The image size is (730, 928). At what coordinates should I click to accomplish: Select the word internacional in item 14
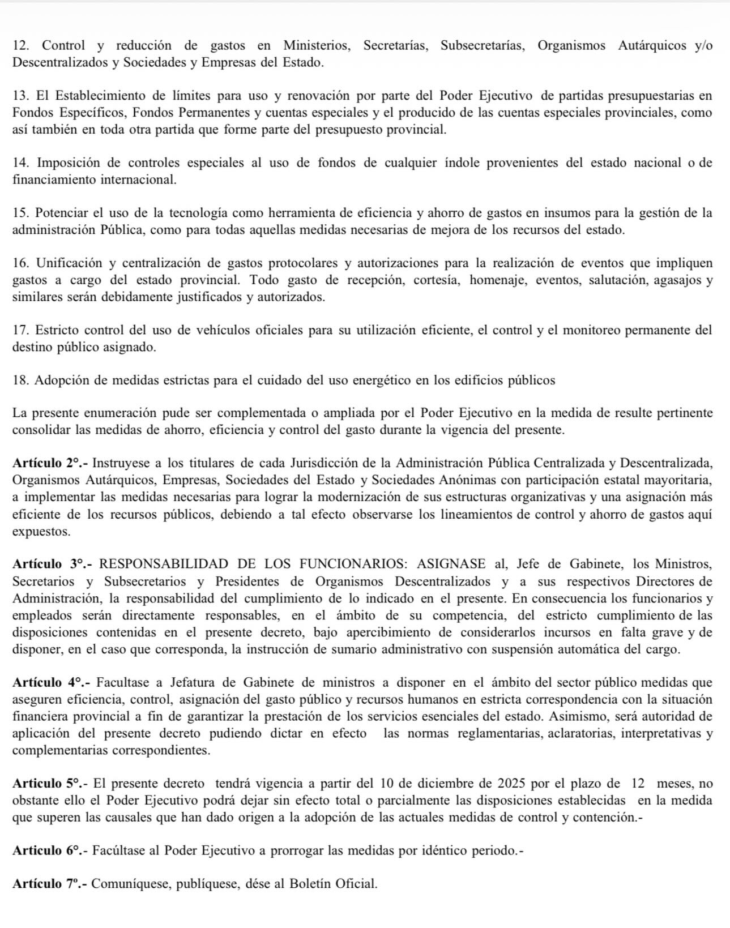click(x=138, y=180)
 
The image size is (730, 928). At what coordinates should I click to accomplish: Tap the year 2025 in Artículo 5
click(x=513, y=784)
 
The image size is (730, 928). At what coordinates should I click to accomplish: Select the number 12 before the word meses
click(x=638, y=784)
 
